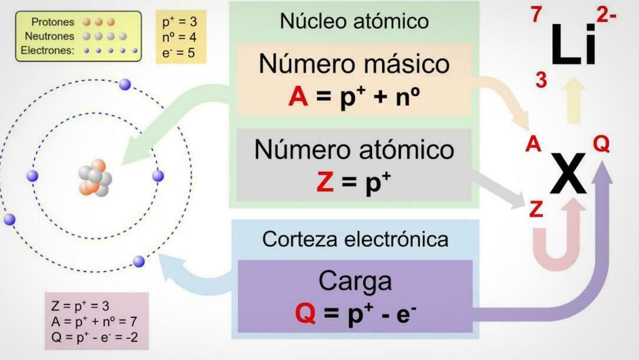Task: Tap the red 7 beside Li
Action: tap(536, 15)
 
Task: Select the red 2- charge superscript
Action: tap(606, 16)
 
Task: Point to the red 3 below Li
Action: tap(541, 80)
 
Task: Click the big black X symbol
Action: tap(568, 173)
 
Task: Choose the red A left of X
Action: tap(533, 145)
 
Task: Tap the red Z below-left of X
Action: tap(536, 209)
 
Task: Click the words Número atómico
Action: tap(354, 149)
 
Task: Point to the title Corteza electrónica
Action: tap(355, 240)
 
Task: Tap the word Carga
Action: tap(355, 281)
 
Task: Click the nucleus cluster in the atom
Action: tap(95, 178)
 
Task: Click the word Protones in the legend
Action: tap(53, 22)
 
